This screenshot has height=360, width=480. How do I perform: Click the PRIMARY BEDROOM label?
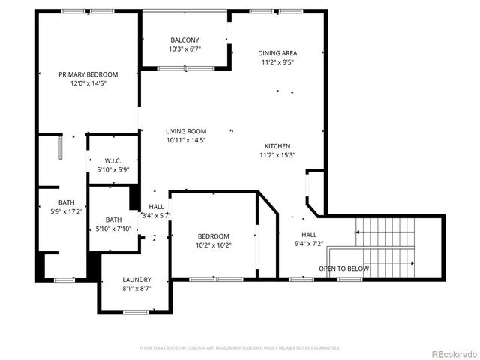88,74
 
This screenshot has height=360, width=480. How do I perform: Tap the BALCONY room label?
184,40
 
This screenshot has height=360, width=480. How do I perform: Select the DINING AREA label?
277,53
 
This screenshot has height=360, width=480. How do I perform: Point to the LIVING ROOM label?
186,131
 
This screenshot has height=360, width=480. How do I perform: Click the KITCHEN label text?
277,146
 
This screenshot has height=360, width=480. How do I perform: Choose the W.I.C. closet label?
113,161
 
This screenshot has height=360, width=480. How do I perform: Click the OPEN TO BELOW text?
343,268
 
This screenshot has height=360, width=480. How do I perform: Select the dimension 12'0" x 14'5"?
88,83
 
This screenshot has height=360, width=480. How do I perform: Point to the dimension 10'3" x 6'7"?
184,49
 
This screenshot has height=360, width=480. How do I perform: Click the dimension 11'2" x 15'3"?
277,155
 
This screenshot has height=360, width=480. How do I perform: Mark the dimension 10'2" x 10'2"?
213,245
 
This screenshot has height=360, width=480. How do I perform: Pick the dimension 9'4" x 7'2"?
309,243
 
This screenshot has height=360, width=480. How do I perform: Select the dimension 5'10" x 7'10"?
113,229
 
